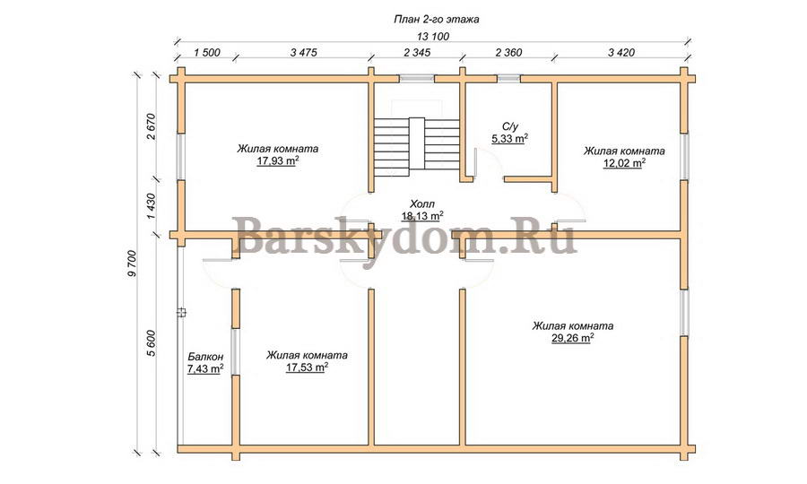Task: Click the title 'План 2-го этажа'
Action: click(437, 20)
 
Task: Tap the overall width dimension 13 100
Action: click(432, 37)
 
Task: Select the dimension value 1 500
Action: click(207, 53)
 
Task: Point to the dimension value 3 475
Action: click(304, 53)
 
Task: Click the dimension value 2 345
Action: click(417, 53)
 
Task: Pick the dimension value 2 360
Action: click(508, 53)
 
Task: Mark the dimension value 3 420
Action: click(621, 53)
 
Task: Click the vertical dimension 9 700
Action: click(132, 264)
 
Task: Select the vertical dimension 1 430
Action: click(151, 207)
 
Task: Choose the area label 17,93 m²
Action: click(278, 161)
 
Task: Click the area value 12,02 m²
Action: click(624, 163)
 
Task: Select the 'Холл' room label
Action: click(422, 204)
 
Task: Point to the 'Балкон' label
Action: click(205, 357)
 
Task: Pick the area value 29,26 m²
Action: click(573, 339)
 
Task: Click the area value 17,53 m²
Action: click(308, 367)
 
